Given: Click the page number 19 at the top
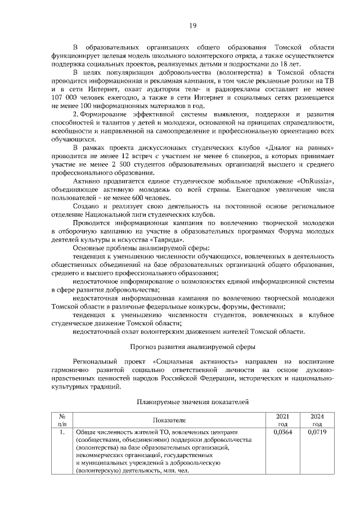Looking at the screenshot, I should pos(191,25).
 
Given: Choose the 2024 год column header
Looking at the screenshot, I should pos(317,419).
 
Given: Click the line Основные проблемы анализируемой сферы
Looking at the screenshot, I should pos(142,248).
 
